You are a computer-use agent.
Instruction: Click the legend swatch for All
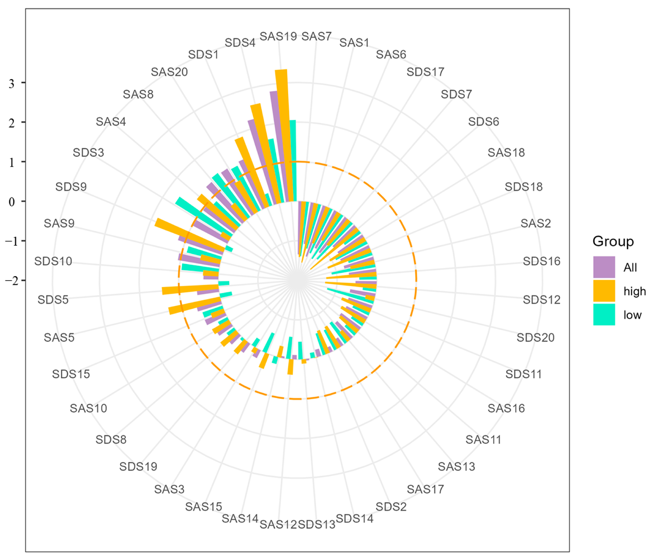[604, 267]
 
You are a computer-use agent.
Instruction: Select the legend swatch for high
[604, 291]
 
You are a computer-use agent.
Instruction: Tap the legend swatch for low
[604, 314]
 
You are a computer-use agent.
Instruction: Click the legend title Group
[613, 242]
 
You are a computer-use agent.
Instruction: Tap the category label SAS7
[316, 36]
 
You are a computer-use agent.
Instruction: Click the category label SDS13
[316, 524]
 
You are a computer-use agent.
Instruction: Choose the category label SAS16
[506, 408]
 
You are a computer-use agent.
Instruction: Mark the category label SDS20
[535, 338]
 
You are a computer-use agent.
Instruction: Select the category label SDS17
[425, 72]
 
